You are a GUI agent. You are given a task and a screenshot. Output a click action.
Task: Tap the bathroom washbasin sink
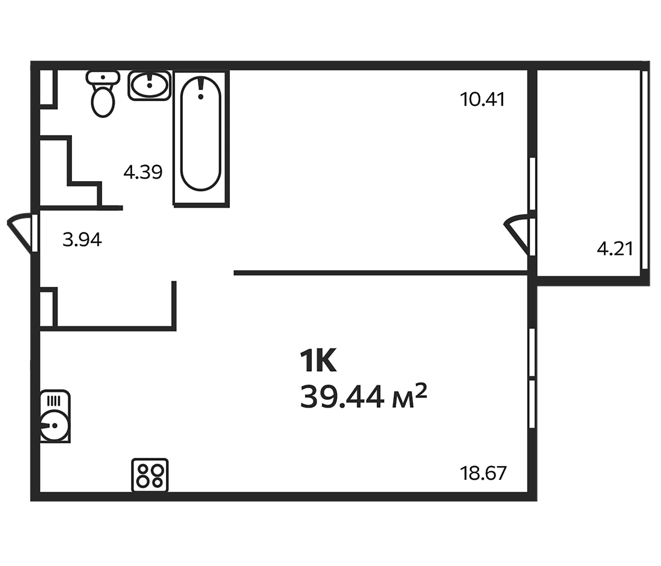pyautogui.click(x=149, y=86)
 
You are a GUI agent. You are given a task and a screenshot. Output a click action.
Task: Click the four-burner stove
pyautogui.click(x=150, y=475)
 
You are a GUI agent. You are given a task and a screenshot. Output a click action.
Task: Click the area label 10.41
pyautogui.click(x=482, y=99)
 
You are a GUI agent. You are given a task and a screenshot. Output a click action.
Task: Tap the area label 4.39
pyautogui.click(x=143, y=172)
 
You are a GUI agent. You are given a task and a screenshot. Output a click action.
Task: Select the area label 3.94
pyautogui.click(x=82, y=240)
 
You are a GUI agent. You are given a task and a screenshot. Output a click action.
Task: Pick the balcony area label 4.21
pyautogui.click(x=614, y=249)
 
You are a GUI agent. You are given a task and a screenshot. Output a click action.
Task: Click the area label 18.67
pyautogui.click(x=483, y=473)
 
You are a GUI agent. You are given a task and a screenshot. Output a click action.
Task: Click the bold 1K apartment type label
pyautogui.click(x=318, y=361)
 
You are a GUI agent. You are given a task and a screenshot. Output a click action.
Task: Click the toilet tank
pyautogui.click(x=103, y=77)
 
